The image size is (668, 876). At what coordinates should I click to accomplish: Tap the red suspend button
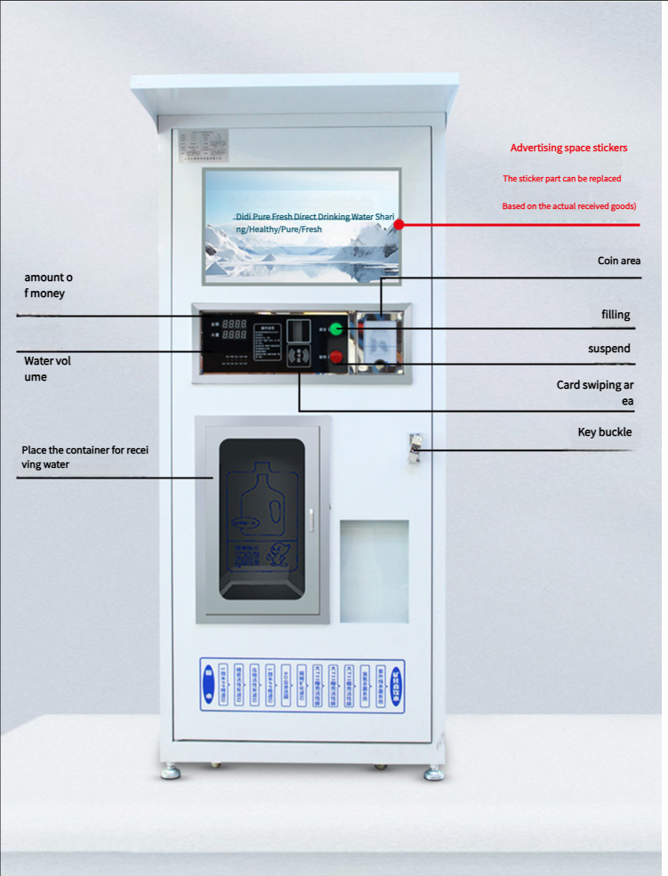[337, 358]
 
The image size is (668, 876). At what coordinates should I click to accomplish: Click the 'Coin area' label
[619, 261]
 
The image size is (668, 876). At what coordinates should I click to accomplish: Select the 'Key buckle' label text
[605, 432]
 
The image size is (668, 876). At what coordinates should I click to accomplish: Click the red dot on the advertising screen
[398, 224]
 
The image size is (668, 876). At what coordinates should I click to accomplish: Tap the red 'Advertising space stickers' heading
[568, 148]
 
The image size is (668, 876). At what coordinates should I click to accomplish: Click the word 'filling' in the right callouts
[616, 315]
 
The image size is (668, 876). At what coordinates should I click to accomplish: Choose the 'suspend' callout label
[609, 349]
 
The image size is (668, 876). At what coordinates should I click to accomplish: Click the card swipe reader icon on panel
[301, 358]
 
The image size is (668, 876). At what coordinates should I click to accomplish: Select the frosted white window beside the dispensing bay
[374, 571]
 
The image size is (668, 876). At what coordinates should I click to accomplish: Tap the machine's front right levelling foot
[434, 773]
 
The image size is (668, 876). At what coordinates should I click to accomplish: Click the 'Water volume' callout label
[48, 369]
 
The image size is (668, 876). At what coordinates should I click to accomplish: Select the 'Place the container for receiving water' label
[85, 456]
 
